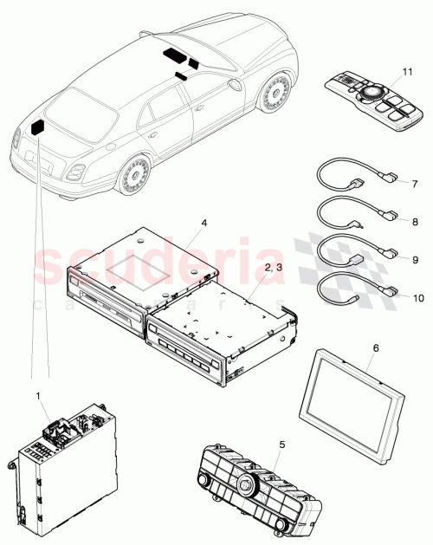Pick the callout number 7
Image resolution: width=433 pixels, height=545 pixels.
click(416, 184)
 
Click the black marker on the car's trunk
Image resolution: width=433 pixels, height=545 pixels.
click(39, 127)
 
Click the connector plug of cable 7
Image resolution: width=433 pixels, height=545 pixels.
click(391, 179)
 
